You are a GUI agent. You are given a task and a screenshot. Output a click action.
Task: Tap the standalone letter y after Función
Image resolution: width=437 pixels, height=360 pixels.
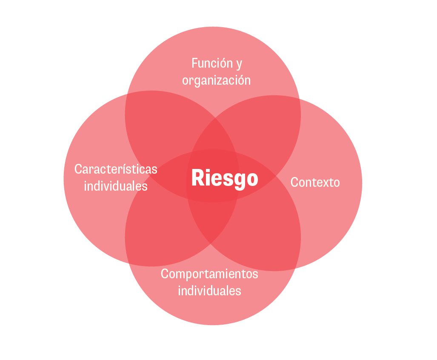[239, 64]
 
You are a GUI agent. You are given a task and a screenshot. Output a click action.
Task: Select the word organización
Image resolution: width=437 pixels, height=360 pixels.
[216, 80]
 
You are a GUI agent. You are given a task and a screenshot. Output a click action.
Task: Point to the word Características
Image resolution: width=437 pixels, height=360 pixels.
[116, 169]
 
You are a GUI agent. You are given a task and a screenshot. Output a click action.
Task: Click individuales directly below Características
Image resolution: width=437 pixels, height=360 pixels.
[116, 186]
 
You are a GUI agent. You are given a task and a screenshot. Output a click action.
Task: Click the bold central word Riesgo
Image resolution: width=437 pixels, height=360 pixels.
[225, 178]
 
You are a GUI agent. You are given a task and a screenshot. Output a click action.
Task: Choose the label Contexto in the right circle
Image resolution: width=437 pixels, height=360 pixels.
[315, 183]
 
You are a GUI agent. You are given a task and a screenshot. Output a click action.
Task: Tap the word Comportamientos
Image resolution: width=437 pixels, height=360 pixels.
[209, 274]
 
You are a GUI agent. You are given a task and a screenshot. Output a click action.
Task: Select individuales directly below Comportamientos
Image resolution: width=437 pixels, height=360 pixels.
[209, 291]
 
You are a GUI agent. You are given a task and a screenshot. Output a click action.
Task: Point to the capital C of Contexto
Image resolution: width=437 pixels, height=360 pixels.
[294, 183]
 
